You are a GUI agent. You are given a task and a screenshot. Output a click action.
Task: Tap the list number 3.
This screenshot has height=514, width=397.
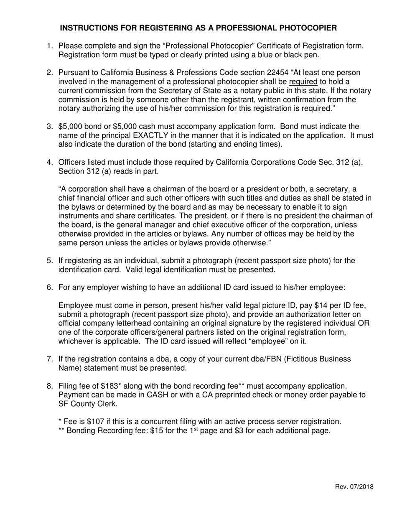[49, 126]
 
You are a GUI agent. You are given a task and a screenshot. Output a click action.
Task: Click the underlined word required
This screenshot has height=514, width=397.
[303, 81]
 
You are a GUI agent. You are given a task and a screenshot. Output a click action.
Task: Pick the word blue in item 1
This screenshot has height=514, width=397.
[277, 54]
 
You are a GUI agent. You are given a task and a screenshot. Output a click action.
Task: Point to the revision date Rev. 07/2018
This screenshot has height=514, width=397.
[354, 486]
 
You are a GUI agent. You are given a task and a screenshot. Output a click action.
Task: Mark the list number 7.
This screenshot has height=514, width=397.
[49, 359]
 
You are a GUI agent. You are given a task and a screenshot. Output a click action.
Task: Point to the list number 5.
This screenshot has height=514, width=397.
[49, 261]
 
